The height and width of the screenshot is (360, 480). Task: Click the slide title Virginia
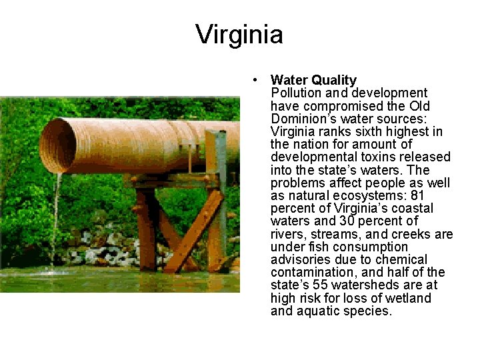[239, 35]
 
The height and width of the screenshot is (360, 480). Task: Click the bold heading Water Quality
[313, 80]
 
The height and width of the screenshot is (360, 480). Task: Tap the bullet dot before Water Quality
[255, 80]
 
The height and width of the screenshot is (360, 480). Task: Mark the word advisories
[297, 259]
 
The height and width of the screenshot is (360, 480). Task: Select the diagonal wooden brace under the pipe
[193, 233]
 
